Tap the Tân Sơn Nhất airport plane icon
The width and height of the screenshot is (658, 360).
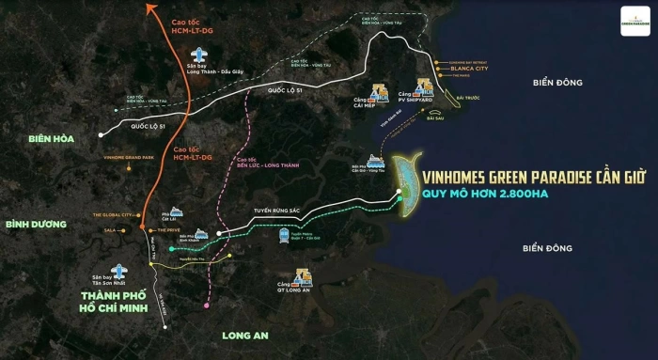(x=117, y=269)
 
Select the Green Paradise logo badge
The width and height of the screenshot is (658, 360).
(x=635, y=21)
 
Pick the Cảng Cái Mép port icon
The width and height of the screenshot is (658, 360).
(x=382, y=93)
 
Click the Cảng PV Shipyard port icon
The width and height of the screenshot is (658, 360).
(x=424, y=89)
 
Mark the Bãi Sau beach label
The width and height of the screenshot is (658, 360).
(x=435, y=118)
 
